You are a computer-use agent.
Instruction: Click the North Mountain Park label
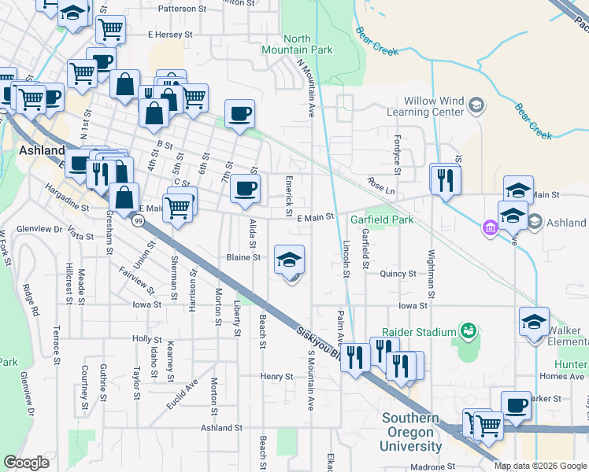coord(297,44)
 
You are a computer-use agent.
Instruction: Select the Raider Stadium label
coord(419,332)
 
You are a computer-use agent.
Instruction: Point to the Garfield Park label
coord(382,219)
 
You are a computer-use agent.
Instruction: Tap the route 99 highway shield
coord(139,222)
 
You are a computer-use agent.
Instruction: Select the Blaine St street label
coord(243,257)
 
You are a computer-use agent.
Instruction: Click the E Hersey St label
coord(170,35)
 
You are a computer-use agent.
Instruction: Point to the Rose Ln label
coord(380,189)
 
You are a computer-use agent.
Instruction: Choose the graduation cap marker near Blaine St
coord(289,260)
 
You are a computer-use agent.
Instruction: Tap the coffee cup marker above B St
coord(240,114)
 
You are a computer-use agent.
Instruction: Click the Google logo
coord(26,463)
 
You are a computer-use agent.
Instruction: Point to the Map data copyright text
coord(539,466)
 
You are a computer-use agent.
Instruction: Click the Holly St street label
coord(147,339)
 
